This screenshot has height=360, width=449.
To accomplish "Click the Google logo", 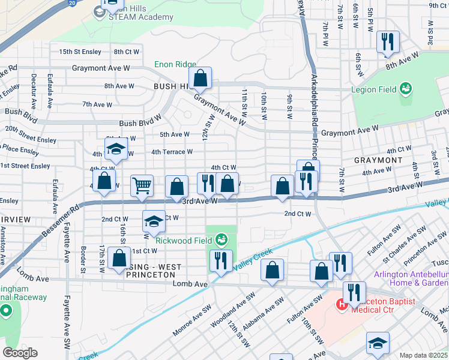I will point(19,353).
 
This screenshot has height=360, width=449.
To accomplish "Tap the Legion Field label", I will point(373,89).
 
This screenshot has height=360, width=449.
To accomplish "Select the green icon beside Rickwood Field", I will point(222,240).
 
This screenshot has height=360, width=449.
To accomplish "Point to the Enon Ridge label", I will point(175,64).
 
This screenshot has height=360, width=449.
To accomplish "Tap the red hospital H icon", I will point(342,305).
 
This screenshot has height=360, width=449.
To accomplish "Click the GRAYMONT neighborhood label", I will point(378,161).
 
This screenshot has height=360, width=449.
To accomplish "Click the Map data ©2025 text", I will point(424,355).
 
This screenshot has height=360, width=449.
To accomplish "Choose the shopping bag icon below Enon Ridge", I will point(200,79).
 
